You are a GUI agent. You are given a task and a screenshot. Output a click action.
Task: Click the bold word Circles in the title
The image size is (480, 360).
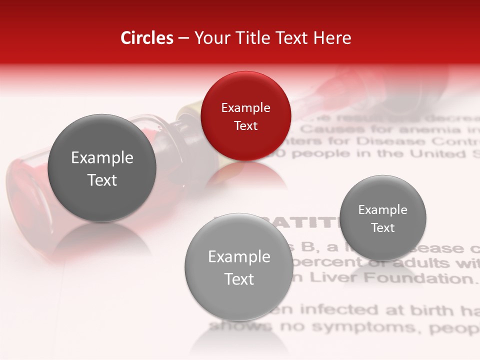click(146, 38)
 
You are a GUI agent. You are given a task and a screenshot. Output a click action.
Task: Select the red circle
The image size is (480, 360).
click(245, 116)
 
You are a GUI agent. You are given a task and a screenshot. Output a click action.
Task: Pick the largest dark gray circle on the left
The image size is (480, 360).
click(102, 168)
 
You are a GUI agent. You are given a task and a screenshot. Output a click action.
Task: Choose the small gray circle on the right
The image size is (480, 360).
click(383, 218)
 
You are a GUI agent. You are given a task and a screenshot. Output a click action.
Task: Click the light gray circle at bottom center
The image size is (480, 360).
click(239, 267)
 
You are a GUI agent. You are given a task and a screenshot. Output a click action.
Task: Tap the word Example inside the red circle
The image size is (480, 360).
click(245, 107)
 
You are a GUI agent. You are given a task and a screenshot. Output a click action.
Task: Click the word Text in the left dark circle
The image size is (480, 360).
click(102, 180)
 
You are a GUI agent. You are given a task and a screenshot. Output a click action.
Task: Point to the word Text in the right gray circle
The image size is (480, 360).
click(383, 227)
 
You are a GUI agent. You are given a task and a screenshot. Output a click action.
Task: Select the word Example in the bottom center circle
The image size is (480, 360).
click(239, 256)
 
